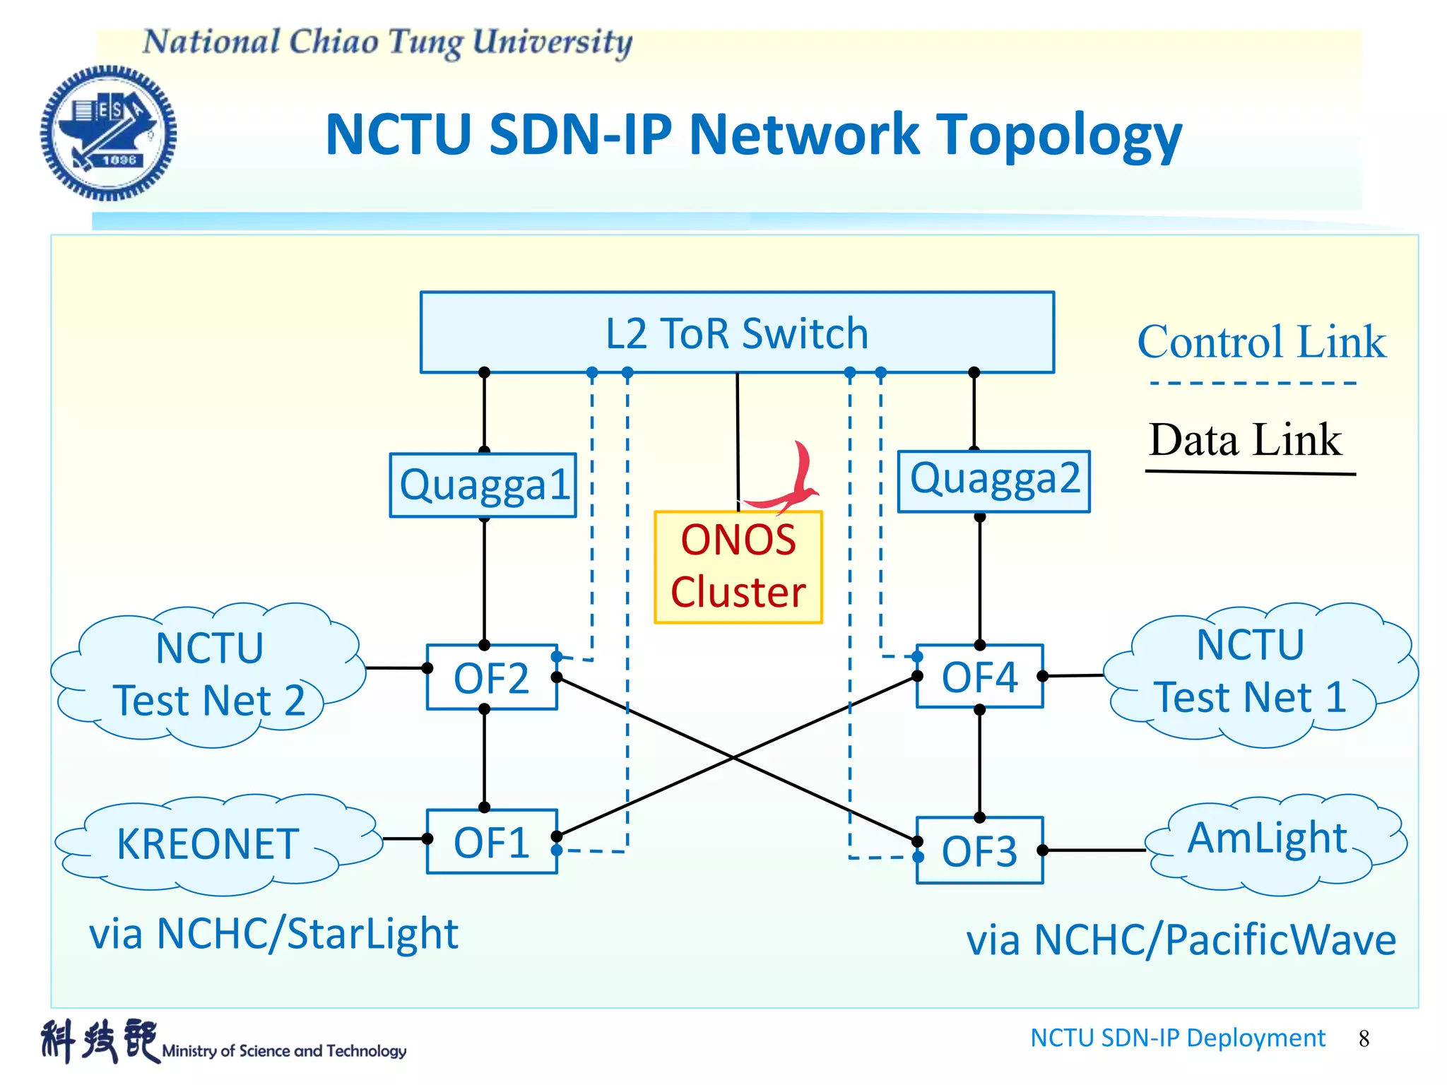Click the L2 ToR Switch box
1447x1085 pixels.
click(737, 332)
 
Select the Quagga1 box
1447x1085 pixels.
click(483, 485)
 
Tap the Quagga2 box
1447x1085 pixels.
click(993, 480)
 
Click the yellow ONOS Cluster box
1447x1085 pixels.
click(738, 567)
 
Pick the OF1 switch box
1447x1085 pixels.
click(492, 842)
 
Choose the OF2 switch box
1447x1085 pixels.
click(492, 677)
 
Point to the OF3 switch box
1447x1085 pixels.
click(979, 850)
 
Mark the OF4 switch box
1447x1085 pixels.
click(979, 676)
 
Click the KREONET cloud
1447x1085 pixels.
click(208, 845)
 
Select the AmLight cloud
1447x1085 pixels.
click(1268, 841)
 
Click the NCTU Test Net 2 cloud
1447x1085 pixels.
click(209, 675)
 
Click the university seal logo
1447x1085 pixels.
click(108, 133)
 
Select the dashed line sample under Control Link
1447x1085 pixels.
click(1253, 383)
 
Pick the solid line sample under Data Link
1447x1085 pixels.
click(1250, 472)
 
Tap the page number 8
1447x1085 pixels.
click(1364, 1038)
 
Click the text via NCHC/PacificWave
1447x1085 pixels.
click(1181, 941)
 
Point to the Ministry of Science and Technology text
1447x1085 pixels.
click(284, 1051)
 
